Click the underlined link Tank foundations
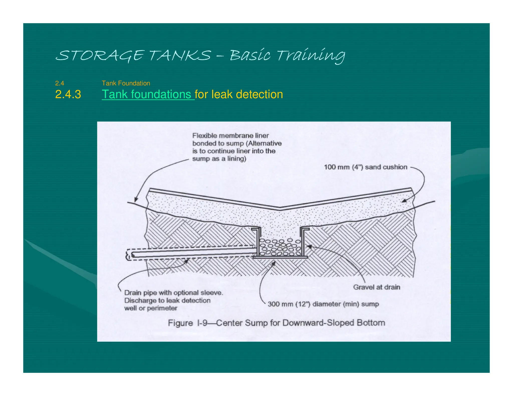[148, 94]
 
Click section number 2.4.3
[68, 94]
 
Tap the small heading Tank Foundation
[126, 83]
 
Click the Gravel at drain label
[376, 287]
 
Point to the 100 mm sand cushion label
[365, 167]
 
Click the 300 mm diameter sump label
[323, 304]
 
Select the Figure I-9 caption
[276, 323]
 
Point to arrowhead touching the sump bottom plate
[274, 263]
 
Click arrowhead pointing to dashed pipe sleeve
[187, 261]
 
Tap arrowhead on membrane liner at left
[136, 200]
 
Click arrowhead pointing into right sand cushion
[403, 201]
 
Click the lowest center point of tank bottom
[280, 208]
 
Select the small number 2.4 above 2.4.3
[60, 83]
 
